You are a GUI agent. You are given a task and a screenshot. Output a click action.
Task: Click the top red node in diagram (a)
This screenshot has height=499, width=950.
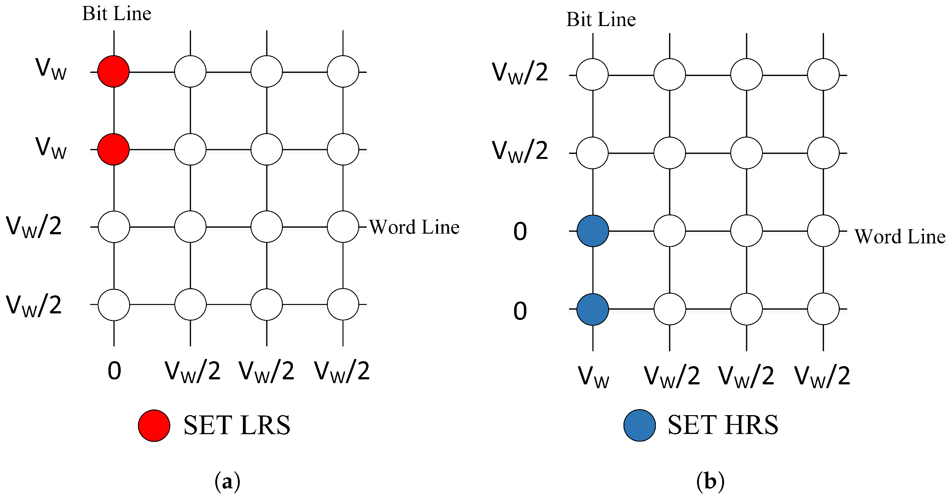pos(113,72)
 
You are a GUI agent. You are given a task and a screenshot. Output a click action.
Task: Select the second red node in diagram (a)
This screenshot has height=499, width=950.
pos(113,149)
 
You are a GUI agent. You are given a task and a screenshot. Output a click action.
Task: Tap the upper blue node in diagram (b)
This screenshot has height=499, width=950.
pos(593,231)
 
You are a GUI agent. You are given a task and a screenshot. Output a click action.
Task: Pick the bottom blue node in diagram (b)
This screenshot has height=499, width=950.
pos(593,309)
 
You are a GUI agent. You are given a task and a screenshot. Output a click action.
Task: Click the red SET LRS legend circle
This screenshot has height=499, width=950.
pos(154,425)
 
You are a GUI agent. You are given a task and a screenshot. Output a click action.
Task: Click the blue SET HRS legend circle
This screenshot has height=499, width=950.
pos(640,425)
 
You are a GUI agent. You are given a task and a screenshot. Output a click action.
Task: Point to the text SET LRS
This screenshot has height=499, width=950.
pos(237,425)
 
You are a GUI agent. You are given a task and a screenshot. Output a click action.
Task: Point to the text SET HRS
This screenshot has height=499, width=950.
pos(723,425)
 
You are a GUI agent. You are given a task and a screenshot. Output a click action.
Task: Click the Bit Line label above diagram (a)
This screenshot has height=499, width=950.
pos(117,14)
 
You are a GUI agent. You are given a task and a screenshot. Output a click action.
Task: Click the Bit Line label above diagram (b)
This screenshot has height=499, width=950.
pos(601,19)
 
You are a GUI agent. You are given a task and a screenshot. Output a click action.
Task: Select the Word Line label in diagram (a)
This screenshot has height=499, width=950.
pos(414,227)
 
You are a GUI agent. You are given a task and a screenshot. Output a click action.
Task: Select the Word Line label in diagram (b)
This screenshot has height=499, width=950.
pos(900,236)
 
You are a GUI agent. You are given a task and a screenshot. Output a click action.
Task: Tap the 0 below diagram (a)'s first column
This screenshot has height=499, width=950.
pos(114,371)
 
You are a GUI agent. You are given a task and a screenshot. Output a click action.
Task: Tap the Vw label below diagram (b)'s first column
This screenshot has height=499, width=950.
pos(593,377)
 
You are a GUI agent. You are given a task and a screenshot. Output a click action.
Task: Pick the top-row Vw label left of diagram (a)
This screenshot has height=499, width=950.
pos(51,69)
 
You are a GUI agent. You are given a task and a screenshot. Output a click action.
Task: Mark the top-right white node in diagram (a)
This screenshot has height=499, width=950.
pos(343,72)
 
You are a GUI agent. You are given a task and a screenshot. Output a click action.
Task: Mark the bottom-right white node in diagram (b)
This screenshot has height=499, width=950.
pos(823,309)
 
